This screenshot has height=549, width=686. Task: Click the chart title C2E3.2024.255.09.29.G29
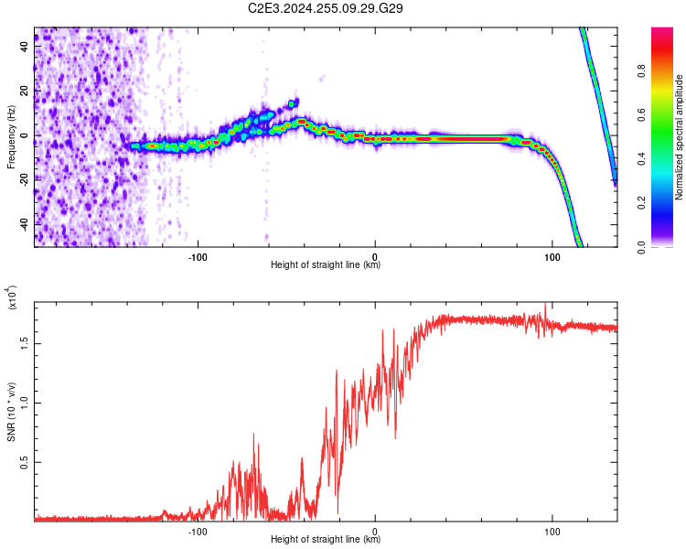[x=327, y=8]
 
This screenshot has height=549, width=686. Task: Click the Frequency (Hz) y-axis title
[x=11, y=136]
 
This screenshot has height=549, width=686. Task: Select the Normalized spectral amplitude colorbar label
[x=680, y=137]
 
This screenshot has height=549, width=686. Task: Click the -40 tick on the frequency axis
[x=26, y=225]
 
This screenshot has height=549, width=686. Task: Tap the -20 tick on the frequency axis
[x=26, y=180]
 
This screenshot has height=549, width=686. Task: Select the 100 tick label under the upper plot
[x=552, y=255]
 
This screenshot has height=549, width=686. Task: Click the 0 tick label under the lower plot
[x=376, y=531]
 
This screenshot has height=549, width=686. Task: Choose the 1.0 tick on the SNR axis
[x=26, y=402]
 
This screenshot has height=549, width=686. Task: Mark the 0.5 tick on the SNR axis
[x=26, y=462]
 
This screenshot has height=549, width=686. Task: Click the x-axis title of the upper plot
[x=326, y=265]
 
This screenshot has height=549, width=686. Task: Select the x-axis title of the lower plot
[x=326, y=540]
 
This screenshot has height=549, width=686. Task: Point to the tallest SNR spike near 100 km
[x=546, y=304]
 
